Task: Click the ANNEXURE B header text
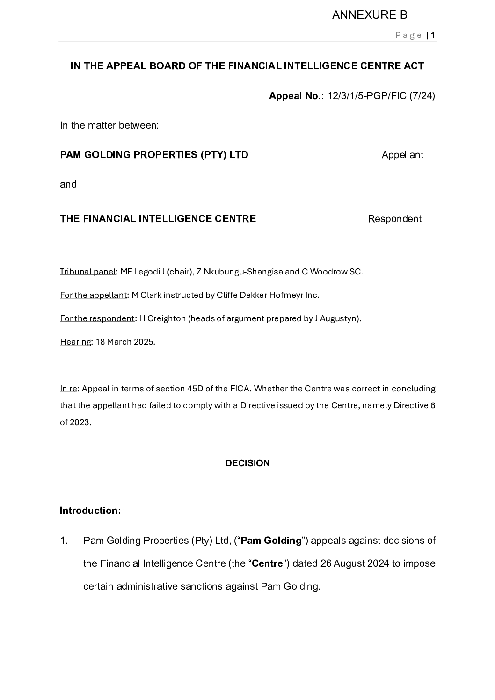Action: tap(369, 15)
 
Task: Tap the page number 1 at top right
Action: tap(433, 35)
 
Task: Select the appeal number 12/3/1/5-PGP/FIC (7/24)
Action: tap(381, 96)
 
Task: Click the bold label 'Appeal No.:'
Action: tap(296, 96)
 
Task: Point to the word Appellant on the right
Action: tap(402, 155)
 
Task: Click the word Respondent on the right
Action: tap(394, 219)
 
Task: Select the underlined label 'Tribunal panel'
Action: tap(87, 272)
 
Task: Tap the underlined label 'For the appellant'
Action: tap(94, 295)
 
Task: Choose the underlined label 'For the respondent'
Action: tap(97, 318)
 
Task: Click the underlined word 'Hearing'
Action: tap(75, 342)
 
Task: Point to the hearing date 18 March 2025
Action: tap(125, 342)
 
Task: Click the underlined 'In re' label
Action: tap(68, 389)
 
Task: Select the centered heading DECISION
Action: tap(247, 463)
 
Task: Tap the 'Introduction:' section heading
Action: tap(90, 511)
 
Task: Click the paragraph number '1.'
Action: tap(64, 541)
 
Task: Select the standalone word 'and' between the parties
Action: tap(68, 184)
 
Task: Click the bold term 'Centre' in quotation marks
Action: tap(268, 563)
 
